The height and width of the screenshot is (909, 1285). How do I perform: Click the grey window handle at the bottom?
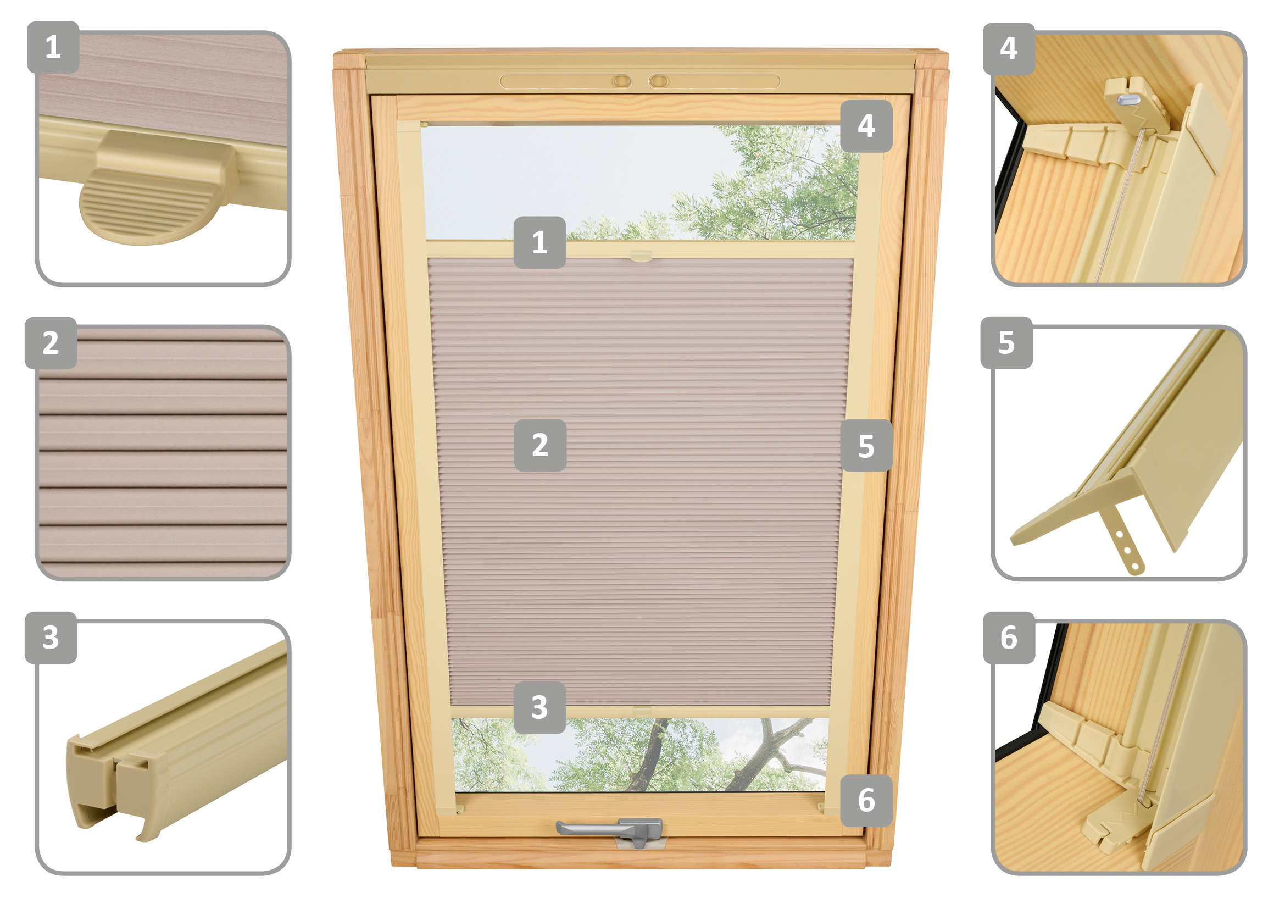[x=610, y=830]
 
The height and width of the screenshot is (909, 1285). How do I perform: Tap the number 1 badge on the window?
[x=539, y=242]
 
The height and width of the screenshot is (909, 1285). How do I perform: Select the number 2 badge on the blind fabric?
[x=540, y=446]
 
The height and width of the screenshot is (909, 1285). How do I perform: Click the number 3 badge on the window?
[x=539, y=707]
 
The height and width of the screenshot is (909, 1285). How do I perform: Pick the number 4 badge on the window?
[x=866, y=126]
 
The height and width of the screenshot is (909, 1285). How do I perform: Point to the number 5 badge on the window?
[x=866, y=446]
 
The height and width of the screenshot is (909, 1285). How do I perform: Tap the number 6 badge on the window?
[x=866, y=800]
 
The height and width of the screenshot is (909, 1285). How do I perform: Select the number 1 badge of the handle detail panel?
[x=53, y=47]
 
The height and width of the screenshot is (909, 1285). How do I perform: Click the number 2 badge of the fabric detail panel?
[x=51, y=342]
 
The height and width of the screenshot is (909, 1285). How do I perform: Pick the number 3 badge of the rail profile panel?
[x=51, y=638]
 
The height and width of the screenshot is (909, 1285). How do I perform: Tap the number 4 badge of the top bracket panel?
[x=1009, y=49]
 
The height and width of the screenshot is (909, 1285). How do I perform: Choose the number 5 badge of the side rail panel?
[x=1006, y=342]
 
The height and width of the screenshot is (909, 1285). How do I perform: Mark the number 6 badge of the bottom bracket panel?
[x=1009, y=638]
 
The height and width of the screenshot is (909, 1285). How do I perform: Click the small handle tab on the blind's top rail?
[x=641, y=256]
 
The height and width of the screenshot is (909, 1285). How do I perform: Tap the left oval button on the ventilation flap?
[x=621, y=82]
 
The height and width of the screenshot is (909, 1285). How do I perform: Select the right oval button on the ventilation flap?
[x=659, y=82]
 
